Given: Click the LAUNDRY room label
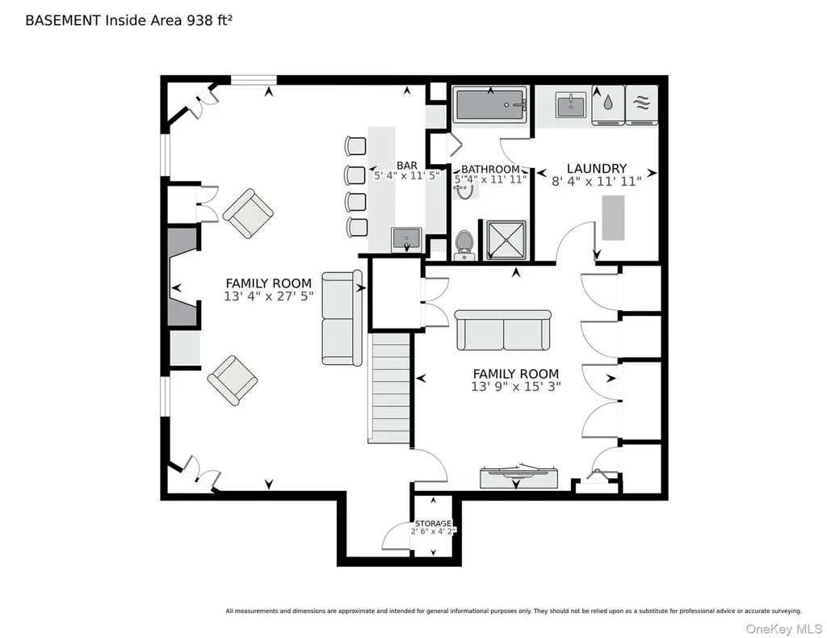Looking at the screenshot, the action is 597,168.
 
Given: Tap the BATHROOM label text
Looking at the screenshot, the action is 490,170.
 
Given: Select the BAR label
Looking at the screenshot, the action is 407,166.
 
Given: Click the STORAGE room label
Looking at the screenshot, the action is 433,523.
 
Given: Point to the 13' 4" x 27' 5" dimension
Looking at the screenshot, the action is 268,296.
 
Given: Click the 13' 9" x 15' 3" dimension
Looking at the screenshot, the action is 515,387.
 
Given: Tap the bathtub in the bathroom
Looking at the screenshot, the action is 491,105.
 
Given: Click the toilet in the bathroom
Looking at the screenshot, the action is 464,245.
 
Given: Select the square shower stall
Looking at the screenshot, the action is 506,240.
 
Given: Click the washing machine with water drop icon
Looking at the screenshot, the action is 608,105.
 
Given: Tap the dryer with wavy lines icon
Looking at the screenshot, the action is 642,105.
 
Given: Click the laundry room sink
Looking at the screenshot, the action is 571,104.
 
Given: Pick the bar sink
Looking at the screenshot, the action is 406,240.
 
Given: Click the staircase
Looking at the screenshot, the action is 388,387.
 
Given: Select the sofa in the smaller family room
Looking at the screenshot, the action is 503,330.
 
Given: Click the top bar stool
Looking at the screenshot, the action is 355,145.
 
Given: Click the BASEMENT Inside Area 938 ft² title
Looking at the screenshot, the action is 128,20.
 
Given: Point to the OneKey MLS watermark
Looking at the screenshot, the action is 783,629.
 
